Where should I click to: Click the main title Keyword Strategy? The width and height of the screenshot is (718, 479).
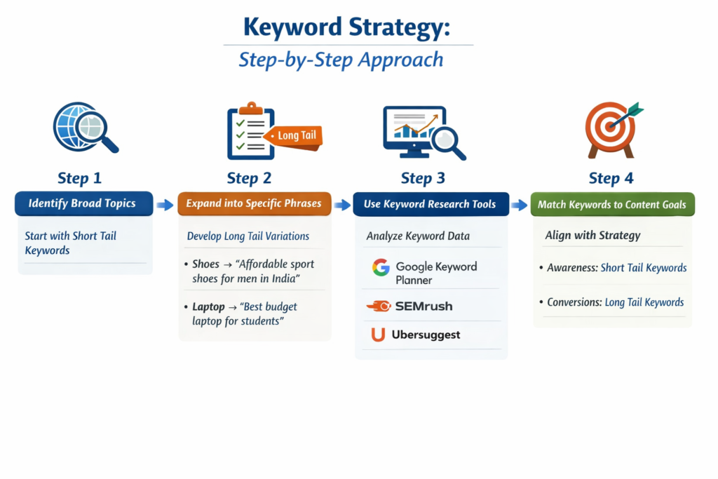pos(347,27)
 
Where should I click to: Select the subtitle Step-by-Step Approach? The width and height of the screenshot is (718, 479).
pos(341,60)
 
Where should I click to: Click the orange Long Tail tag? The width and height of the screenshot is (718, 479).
pos(298,135)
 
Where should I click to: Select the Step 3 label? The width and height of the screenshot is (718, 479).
pos(423,178)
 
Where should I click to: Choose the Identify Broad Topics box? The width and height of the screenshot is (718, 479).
pos(83,204)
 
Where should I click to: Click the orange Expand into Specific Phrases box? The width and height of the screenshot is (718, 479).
pos(254,204)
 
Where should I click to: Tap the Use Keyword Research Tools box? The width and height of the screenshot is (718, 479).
pos(430,205)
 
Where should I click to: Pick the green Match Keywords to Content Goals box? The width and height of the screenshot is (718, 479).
pos(612,205)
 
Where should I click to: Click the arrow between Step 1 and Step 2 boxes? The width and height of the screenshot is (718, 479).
pos(165,205)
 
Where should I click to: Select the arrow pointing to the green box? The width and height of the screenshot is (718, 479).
pos(519,205)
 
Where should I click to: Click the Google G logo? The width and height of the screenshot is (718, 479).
pos(381,267)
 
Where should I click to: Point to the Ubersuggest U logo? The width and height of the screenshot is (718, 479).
pos(379,335)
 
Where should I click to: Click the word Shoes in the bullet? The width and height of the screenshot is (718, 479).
pos(205,264)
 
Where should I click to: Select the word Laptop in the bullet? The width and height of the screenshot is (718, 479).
pos(208,307)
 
